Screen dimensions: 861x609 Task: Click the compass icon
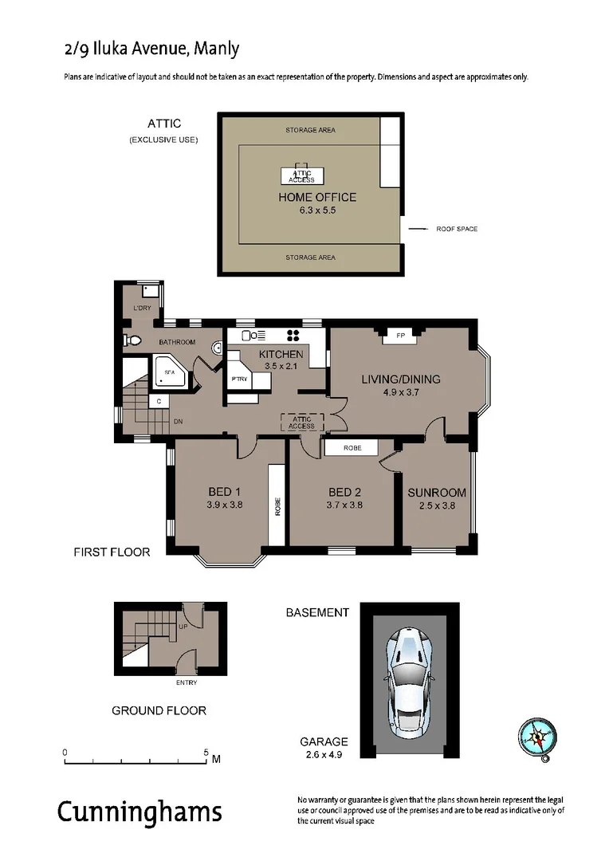pos(536,737)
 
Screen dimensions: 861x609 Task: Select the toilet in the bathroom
pos(133,341)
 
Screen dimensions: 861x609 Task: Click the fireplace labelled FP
pos(400,336)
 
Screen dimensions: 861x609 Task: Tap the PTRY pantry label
pos(238,379)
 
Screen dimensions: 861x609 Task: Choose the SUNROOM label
pos(436,492)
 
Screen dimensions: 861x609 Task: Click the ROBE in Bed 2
pos(352,448)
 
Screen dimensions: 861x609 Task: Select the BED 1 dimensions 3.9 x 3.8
pos(225,504)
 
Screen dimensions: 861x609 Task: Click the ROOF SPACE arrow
pos(418,229)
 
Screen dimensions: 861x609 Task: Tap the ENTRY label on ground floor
pos(186,682)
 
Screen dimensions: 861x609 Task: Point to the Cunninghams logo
pos(139,812)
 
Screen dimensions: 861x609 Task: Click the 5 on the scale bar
pos(206,752)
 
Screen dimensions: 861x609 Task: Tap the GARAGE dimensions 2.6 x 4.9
pos(324,754)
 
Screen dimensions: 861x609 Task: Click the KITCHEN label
pos(281,354)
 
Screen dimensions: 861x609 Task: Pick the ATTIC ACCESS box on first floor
pos(301,423)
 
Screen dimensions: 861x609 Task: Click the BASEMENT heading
pos(317,612)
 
